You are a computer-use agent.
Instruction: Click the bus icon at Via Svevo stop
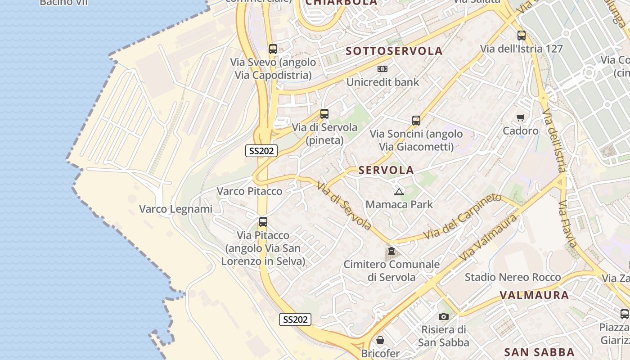tap(273, 49)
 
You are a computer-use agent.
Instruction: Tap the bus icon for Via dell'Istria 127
tap(521, 36)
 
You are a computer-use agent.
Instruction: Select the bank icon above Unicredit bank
tap(382, 69)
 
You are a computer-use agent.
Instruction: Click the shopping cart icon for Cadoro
tap(520, 118)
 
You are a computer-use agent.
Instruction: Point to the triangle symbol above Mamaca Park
tap(399, 192)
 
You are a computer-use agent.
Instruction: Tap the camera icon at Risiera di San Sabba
tap(443, 317)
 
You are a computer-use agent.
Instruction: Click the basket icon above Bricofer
tap(380, 340)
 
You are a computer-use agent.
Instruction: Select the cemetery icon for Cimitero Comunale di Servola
tap(391, 251)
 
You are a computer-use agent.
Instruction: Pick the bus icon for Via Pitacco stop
tap(263, 222)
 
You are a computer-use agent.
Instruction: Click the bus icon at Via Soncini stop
tap(416, 121)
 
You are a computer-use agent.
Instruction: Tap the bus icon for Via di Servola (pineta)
tap(324, 114)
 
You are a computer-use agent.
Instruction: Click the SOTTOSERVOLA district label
tap(394, 51)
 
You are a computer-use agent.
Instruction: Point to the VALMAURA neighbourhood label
tap(534, 296)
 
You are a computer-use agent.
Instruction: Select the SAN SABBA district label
tap(539, 352)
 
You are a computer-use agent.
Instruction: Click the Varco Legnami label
tap(175, 209)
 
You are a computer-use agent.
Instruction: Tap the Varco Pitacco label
tap(249, 191)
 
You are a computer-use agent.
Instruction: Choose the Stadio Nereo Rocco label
tap(513, 277)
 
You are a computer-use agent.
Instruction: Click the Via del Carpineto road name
tap(462, 216)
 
